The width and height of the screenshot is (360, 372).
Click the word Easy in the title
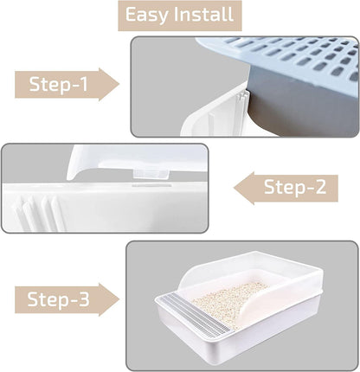coord(146,15)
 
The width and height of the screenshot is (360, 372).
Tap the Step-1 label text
coord(58,84)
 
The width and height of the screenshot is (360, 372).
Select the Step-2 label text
coord(295,187)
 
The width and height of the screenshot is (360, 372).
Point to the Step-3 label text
coord(58,299)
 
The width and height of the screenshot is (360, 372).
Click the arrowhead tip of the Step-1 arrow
coord(119,84)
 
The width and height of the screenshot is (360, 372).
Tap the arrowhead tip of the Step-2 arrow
coord(234,188)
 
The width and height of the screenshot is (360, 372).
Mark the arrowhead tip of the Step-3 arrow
coord(119,299)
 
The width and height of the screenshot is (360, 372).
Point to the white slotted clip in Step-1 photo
coord(241,106)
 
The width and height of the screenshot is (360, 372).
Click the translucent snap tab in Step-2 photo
coord(151,174)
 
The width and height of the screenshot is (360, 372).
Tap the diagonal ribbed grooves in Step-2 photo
coord(39,213)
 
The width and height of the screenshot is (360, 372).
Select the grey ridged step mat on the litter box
coord(196,315)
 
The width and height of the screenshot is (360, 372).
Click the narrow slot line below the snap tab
coord(151,185)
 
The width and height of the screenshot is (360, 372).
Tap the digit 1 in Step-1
coord(84,84)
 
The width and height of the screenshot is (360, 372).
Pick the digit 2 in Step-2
coord(319,187)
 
